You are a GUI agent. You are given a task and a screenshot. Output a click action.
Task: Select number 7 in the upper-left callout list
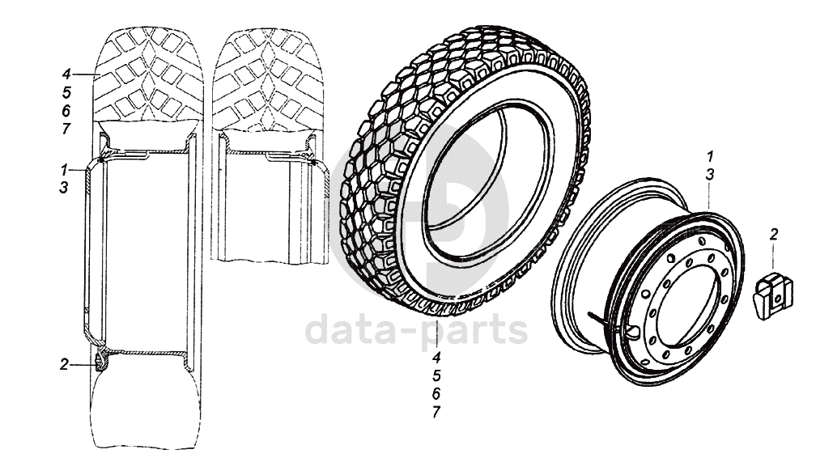[66, 129]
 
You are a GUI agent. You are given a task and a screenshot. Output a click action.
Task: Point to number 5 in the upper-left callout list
[66, 92]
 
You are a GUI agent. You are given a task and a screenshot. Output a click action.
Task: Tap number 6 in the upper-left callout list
[66, 111]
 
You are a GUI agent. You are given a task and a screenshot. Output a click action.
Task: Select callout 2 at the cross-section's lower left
[63, 365]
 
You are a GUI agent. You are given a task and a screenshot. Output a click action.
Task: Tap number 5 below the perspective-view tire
[436, 376]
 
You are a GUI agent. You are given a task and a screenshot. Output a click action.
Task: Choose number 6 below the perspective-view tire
[436, 394]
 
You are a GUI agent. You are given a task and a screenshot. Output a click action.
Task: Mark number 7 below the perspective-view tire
[436, 412]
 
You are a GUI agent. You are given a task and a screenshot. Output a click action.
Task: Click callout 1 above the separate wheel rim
[709, 156]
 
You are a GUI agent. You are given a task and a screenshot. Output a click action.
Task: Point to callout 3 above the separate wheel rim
[709, 175]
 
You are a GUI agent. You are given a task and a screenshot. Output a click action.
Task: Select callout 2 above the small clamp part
[774, 235]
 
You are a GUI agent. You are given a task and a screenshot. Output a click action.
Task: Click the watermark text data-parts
[416, 330]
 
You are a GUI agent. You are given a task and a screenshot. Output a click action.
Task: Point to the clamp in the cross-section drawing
[100, 360]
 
